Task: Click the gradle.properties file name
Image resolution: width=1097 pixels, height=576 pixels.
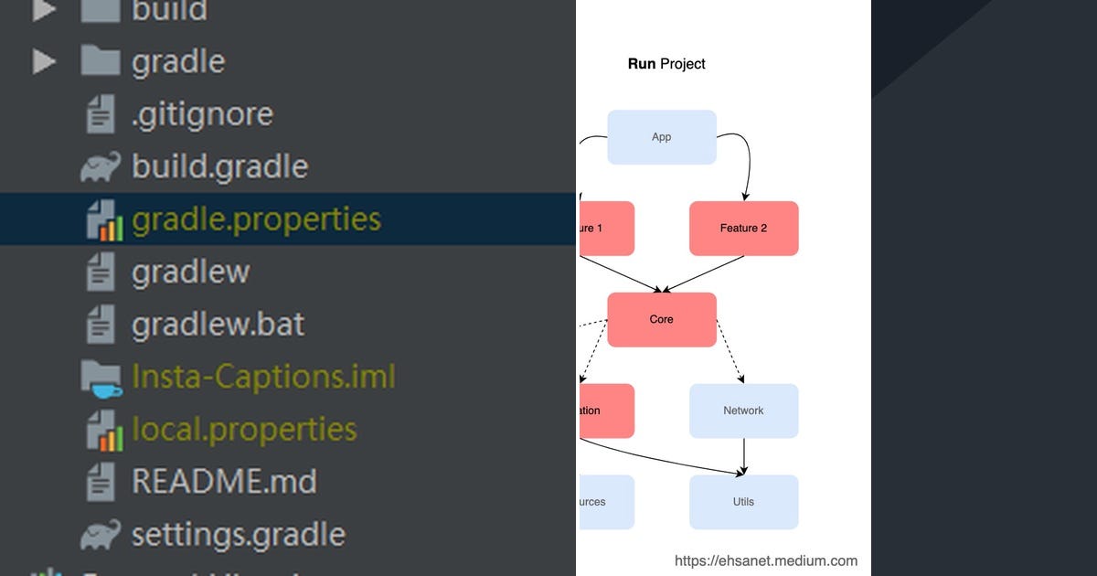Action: click(x=256, y=220)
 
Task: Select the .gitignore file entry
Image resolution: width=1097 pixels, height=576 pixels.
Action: click(x=202, y=114)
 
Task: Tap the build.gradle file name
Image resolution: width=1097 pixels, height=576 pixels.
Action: click(x=219, y=166)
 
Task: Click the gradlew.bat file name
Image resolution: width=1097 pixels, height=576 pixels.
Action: click(x=218, y=325)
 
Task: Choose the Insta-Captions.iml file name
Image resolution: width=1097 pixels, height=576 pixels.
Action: click(x=263, y=377)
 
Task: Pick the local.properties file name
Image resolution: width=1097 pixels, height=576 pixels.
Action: click(x=244, y=429)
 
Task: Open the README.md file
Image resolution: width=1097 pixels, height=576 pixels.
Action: click(x=224, y=481)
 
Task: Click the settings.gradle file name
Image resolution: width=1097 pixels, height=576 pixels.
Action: click(x=238, y=534)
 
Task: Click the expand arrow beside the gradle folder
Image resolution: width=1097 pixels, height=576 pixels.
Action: click(x=44, y=61)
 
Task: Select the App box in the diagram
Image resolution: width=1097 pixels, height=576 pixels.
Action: click(x=662, y=137)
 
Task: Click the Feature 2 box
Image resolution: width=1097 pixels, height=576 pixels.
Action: click(x=743, y=229)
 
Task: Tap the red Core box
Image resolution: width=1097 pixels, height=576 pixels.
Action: click(x=662, y=320)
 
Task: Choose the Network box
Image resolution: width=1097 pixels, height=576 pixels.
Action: click(x=743, y=411)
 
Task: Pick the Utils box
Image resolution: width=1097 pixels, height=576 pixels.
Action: click(x=743, y=502)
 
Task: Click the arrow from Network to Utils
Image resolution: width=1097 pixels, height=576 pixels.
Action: click(x=743, y=455)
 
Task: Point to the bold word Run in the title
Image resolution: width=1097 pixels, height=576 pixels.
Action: click(x=642, y=64)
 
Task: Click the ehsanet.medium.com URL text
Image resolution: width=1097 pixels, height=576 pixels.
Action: click(x=766, y=560)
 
